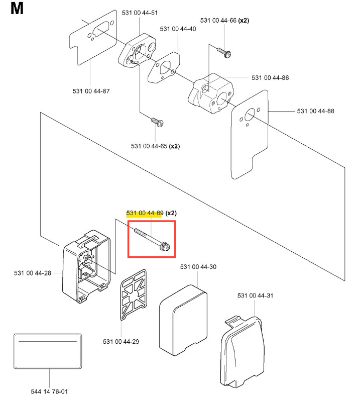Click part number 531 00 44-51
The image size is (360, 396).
140,12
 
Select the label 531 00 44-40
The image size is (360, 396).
178,29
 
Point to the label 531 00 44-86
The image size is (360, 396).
270,78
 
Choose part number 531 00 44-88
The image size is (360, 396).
315,111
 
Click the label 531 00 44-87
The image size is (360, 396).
91,91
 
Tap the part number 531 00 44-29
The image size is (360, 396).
121,341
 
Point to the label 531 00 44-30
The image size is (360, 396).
198,267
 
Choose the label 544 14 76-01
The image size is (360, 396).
49,390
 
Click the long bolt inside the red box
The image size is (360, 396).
151,239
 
